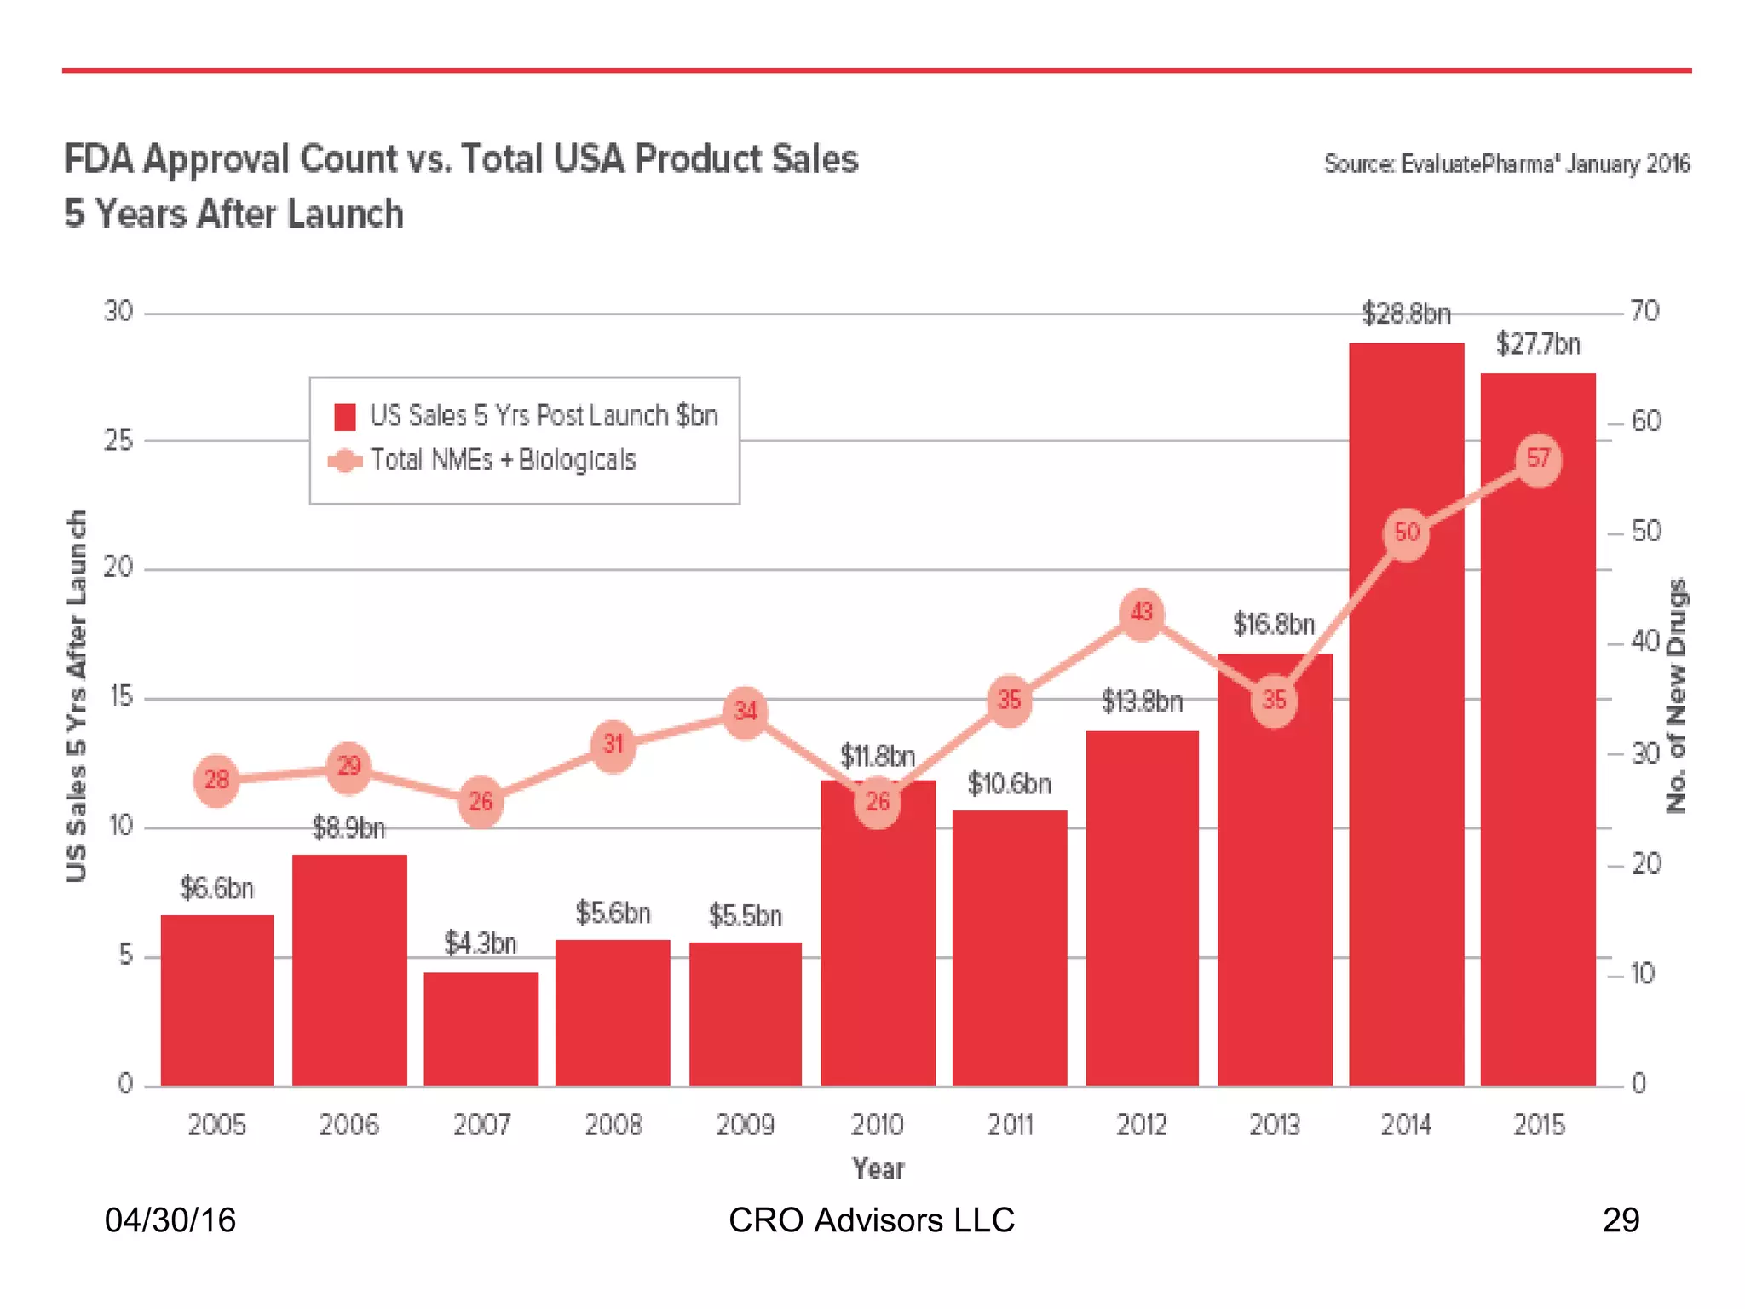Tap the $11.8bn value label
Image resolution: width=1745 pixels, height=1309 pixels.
(877, 756)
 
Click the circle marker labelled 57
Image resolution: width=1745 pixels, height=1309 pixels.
(1538, 459)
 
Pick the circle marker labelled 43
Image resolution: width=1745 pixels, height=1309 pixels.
(1141, 613)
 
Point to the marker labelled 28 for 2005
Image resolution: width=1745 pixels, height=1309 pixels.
(216, 779)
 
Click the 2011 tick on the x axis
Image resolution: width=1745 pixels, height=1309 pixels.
(1010, 1125)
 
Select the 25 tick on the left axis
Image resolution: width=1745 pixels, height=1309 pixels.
(118, 441)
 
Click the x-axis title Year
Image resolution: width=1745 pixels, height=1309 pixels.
(878, 1168)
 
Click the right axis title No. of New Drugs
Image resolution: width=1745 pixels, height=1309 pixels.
(1676, 695)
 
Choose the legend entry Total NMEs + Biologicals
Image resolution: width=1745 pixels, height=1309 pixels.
(503, 460)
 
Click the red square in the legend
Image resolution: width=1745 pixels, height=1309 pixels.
(344, 417)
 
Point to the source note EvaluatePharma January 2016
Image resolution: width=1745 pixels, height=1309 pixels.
(1506, 164)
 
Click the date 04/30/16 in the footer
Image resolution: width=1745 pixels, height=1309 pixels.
(170, 1220)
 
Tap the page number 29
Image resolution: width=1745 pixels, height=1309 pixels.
(1620, 1220)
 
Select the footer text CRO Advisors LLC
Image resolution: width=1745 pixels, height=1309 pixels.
(872, 1220)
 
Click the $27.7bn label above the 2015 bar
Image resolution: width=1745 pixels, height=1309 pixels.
(1538, 344)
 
